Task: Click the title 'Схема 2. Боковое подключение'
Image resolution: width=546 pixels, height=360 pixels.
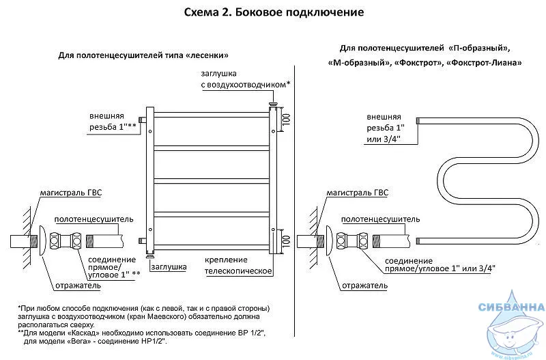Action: click(274, 12)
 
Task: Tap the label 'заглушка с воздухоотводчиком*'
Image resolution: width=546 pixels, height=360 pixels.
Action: click(246, 79)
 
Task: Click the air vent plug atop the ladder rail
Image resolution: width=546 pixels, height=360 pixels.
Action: click(273, 104)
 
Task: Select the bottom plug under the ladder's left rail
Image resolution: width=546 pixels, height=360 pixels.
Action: click(150, 256)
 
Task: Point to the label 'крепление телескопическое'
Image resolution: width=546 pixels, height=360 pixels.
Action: click(238, 266)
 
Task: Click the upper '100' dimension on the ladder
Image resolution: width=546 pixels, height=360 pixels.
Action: click(286, 120)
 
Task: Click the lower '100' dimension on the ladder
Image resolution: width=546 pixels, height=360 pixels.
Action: click(286, 242)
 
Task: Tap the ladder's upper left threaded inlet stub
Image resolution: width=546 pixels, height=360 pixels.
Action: click(143, 120)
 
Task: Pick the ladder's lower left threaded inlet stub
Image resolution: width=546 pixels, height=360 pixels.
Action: click(143, 240)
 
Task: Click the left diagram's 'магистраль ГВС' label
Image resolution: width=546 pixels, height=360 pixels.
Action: click(71, 193)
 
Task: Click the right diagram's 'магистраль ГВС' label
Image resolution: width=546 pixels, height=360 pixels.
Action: click(357, 193)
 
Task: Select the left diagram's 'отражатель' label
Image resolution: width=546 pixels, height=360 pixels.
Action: click(78, 286)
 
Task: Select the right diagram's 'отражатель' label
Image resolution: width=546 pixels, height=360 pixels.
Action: click(364, 286)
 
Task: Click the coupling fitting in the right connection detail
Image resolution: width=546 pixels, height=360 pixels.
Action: click(351, 240)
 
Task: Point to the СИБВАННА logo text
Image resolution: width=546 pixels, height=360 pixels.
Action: click(511, 307)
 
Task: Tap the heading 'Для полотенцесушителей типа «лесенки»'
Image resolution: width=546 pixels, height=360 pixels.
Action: click(143, 55)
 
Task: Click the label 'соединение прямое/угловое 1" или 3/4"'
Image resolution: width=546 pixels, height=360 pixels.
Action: click(440, 264)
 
